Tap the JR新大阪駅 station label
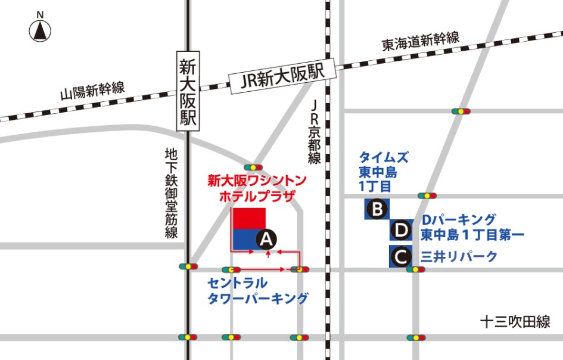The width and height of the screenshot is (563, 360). [x=282, y=77]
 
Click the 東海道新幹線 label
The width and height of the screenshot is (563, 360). [x=421, y=42]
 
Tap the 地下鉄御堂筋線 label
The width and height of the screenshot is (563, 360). [x=172, y=193]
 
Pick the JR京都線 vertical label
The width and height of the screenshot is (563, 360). [x=315, y=131]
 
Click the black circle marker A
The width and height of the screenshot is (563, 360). [x=266, y=240]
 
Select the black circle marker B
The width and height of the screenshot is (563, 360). [x=377, y=209]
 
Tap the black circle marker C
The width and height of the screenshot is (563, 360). [x=401, y=257]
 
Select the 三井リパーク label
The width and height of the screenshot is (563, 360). [x=459, y=257]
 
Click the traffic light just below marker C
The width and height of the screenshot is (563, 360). [x=416, y=270]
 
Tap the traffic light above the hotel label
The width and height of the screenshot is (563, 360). [x=253, y=167]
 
